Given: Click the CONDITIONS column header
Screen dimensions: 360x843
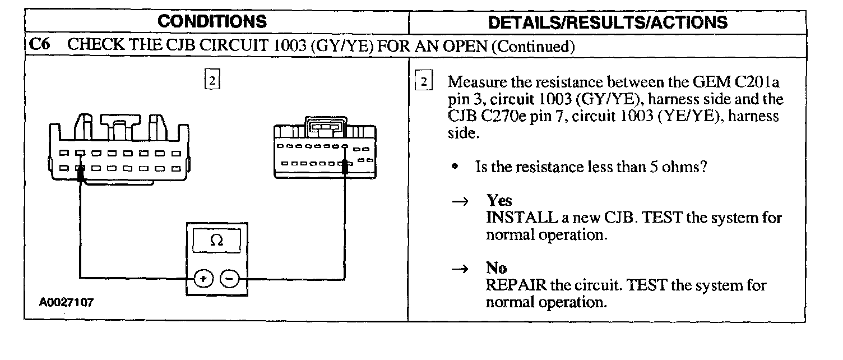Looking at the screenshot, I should click(x=212, y=22).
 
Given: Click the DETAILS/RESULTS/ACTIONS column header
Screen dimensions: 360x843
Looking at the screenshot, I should click(x=608, y=22).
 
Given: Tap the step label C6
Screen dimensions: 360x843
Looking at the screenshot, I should click(x=38, y=46).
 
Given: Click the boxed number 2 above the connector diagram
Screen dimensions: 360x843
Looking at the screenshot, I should click(x=212, y=81).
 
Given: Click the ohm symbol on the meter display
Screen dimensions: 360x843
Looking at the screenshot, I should click(x=216, y=241).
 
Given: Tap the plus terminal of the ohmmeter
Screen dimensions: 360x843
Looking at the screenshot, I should click(x=203, y=278).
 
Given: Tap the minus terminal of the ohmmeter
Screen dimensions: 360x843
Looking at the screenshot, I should click(x=229, y=278).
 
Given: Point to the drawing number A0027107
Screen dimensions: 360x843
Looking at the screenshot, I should click(x=66, y=302).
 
